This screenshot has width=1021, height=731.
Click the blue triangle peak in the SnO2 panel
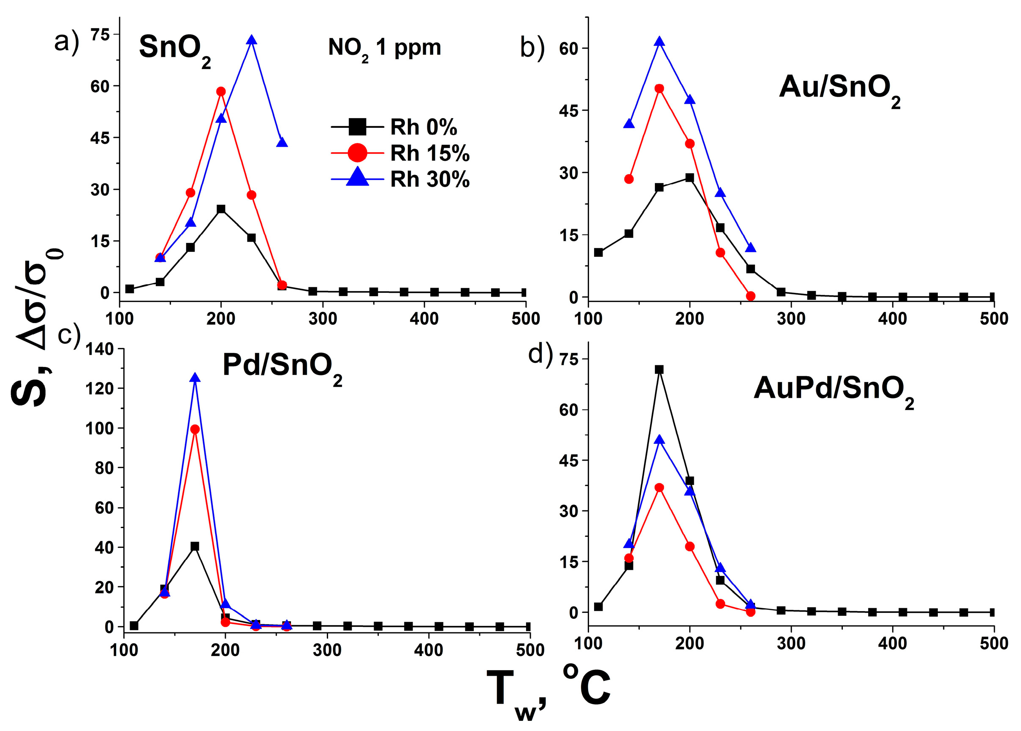point(252,40)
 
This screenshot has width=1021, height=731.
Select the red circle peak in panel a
point(220,91)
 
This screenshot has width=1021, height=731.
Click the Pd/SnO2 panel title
point(282,367)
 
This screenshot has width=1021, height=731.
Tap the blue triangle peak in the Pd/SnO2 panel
point(195,378)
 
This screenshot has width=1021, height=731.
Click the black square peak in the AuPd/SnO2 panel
point(659,370)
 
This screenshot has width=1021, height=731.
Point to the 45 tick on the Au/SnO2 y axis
point(568,111)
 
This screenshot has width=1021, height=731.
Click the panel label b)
point(532,48)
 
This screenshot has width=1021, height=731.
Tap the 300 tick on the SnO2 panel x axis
point(322,318)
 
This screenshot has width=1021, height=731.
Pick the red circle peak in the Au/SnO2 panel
point(659,88)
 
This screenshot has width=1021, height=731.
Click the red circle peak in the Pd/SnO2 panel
point(195,429)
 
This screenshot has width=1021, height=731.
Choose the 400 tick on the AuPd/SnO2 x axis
point(892,643)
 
